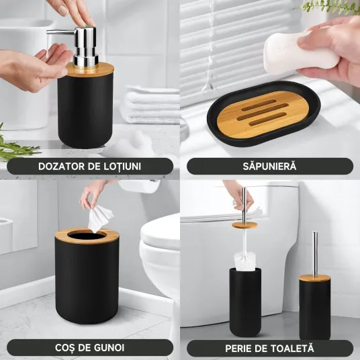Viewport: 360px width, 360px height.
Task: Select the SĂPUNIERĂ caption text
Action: [x=269, y=166]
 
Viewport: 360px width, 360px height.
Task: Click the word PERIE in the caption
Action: [x=238, y=349]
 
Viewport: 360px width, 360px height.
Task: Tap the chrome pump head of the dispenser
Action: [x=78, y=46]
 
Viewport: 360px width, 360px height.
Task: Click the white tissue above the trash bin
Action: [x=99, y=218]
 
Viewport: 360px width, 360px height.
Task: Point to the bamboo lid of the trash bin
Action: [x=87, y=236]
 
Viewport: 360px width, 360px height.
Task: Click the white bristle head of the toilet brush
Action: [x=244, y=261]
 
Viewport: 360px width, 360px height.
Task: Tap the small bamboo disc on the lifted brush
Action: [x=244, y=225]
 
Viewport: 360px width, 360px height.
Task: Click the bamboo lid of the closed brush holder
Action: [x=314, y=278]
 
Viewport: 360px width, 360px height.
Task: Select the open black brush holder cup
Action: [x=245, y=302]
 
